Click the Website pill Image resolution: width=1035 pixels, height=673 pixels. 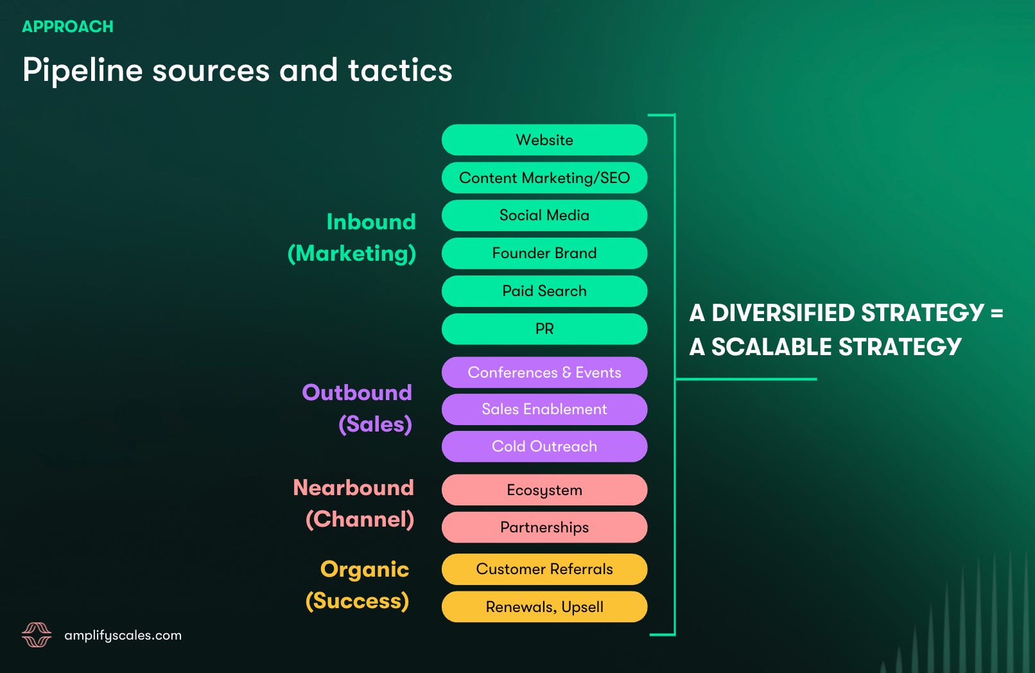544,140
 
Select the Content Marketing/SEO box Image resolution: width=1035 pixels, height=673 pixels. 544,178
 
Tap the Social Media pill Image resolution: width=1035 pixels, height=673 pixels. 544,215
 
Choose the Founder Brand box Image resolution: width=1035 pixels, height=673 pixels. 544,253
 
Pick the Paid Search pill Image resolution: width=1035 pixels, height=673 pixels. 544,291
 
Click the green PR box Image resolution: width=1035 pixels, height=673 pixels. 544,329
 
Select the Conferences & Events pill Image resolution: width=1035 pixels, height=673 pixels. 544,372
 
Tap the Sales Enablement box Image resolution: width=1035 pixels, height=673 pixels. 544,409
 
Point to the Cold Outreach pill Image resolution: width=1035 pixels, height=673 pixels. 544,446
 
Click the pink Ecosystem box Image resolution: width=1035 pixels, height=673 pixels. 544,490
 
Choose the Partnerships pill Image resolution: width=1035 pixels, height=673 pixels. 544,527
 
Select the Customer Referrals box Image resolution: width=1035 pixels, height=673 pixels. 544,569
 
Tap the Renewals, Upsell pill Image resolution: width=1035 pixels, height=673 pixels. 544,607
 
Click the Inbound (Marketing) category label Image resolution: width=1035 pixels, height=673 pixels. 352,238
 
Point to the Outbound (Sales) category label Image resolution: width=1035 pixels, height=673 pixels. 358,408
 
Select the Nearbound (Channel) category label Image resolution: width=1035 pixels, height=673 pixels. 354,503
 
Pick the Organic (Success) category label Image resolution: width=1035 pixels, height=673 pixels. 358,585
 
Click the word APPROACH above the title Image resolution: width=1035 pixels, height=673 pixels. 67,26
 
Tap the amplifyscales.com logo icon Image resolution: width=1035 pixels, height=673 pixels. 37,634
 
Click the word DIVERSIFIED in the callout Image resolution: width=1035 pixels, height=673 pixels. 783,313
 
